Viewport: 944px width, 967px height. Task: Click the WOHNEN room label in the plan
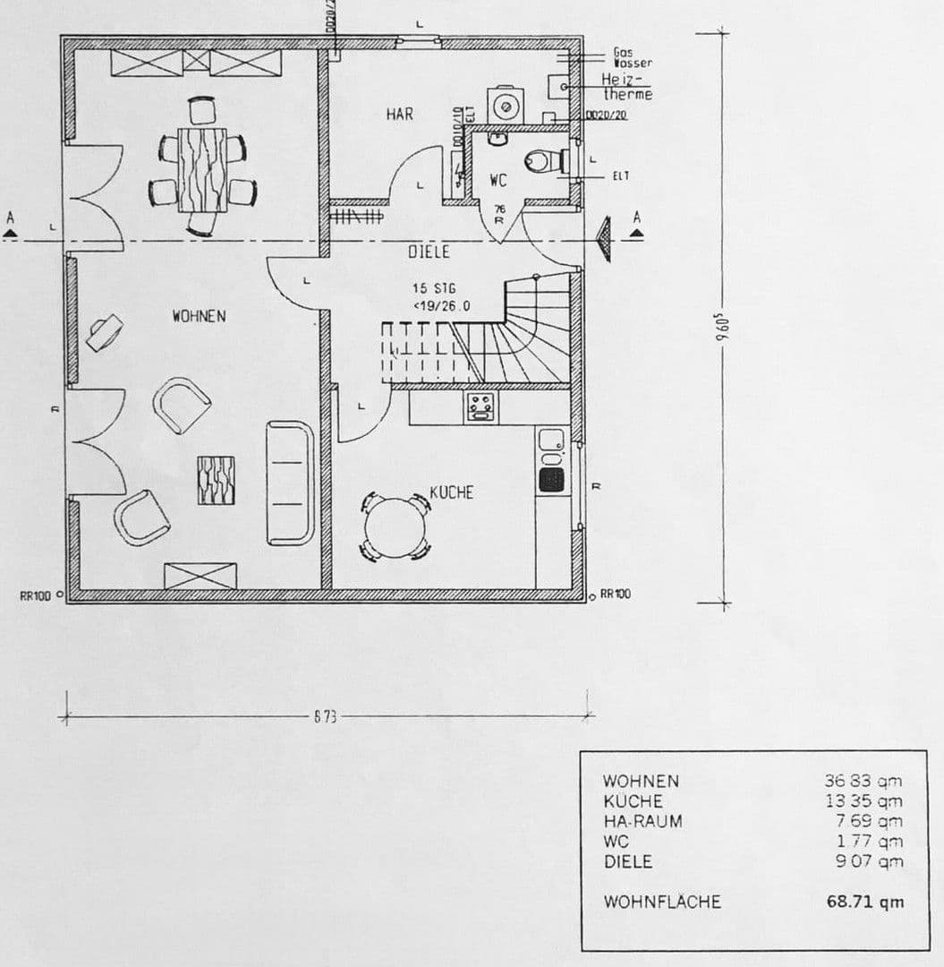[x=199, y=316]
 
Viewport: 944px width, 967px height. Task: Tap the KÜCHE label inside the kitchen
[x=451, y=492]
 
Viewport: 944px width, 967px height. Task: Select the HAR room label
[x=400, y=114]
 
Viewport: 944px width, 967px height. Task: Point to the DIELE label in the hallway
[x=429, y=252]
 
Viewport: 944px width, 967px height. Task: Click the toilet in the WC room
[x=543, y=161]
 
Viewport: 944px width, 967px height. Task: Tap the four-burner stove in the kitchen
[x=481, y=407]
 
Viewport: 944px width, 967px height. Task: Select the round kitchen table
[x=395, y=526]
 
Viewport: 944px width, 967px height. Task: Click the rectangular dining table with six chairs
[x=202, y=169]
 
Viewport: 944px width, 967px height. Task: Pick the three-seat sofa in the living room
[x=291, y=483]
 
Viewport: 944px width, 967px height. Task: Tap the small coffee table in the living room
[x=216, y=480]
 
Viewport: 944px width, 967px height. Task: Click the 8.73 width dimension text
[x=325, y=717]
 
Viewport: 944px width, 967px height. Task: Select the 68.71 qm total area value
[x=864, y=902]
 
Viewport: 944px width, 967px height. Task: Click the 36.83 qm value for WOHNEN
[x=863, y=781]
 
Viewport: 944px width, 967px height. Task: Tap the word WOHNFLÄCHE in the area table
[x=661, y=902]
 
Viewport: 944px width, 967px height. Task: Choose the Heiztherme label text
[x=626, y=87]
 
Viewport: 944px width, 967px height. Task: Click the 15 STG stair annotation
[x=434, y=289]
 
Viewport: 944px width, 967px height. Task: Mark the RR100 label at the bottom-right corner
[x=615, y=594]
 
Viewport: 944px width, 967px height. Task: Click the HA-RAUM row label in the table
[x=642, y=821]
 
